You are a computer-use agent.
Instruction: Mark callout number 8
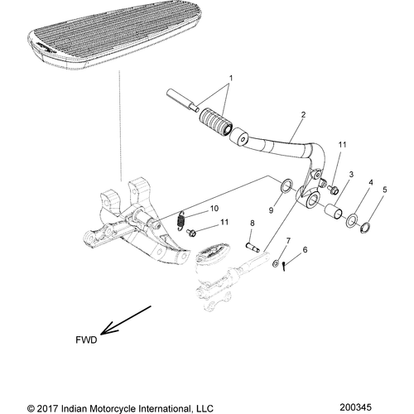click(x=252, y=223)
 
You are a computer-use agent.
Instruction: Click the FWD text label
click(x=86, y=339)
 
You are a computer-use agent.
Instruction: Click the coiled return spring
click(x=180, y=221)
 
